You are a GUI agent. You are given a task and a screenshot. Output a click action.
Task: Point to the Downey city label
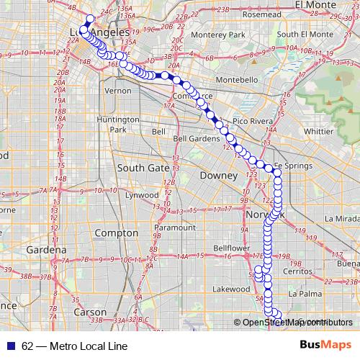tap(219, 175)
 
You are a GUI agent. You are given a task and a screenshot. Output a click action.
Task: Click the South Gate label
tap(143, 168)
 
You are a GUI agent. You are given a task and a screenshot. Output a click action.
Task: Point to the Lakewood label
tap(232, 289)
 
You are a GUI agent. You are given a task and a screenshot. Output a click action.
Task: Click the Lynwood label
tap(141, 195)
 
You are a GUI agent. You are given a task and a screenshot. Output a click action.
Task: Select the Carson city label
tap(90, 312)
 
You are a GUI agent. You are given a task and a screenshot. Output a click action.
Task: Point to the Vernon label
tap(117, 91)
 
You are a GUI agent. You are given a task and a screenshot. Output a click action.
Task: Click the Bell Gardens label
tap(191, 138)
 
